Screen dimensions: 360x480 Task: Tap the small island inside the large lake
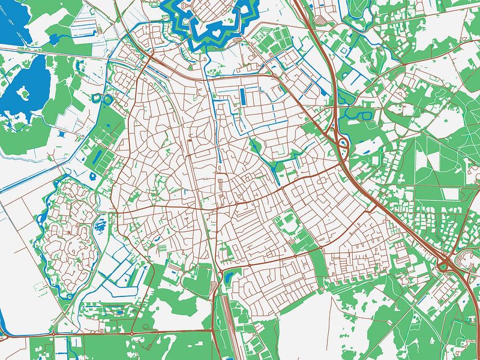(x=25, y=93)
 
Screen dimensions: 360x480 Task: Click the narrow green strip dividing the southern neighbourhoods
(x=318, y=264)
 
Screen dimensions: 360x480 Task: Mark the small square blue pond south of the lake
(x=94, y=177)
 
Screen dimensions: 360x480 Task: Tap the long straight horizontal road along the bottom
(x=120, y=332)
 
